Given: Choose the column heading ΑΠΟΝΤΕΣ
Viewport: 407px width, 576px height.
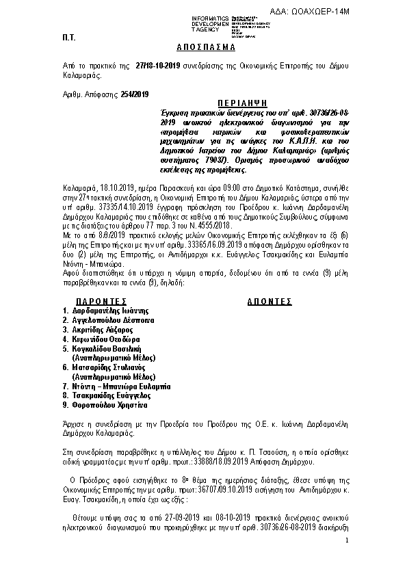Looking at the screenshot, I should (269, 300).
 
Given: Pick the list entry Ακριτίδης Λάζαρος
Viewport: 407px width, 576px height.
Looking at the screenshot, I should (103, 329).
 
